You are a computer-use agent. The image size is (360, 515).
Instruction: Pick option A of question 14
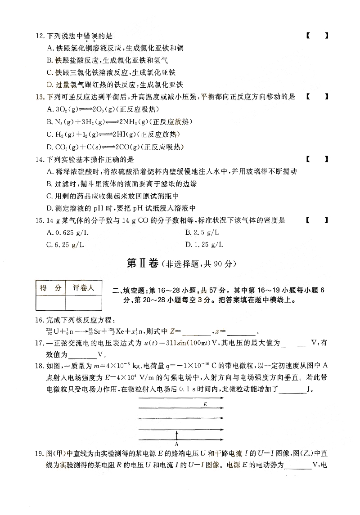(x=171, y=171)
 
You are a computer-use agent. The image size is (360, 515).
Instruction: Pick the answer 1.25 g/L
(x=204, y=245)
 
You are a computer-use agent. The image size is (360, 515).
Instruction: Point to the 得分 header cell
(x=50, y=288)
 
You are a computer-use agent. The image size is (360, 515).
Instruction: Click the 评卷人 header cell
(x=82, y=288)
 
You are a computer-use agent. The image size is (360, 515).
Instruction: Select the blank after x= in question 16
(x=241, y=333)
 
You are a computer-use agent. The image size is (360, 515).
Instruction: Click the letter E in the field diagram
(x=205, y=405)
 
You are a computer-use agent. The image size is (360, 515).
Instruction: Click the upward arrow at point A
(x=177, y=434)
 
